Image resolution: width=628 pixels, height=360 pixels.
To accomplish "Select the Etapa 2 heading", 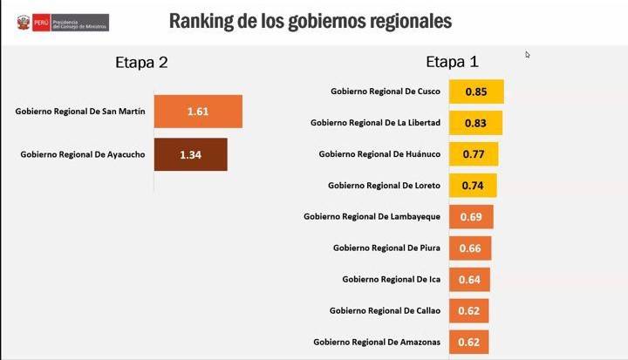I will [141, 62].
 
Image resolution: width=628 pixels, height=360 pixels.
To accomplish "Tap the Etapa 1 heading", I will [452, 62].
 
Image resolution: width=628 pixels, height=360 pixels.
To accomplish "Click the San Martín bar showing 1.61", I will [198, 112].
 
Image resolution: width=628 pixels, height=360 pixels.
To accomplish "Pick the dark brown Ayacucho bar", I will [191, 154].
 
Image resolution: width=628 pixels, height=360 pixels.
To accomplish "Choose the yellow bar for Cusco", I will [476, 92].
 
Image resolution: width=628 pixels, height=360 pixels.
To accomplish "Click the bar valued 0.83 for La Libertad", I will [475, 123].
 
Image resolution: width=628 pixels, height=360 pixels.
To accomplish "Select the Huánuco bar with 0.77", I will [474, 154].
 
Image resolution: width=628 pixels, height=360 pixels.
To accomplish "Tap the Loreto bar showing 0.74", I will [473, 186].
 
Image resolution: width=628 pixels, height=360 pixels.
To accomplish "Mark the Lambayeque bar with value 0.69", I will [471, 216].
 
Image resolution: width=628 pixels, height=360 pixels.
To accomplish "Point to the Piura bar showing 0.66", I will [470, 248].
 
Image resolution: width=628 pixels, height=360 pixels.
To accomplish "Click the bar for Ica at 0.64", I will [469, 280].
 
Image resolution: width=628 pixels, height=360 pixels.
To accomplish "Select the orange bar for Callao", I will [468, 311].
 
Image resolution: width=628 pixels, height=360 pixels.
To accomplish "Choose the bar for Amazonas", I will [468, 342].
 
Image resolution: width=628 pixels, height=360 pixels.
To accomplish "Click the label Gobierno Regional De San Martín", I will [79, 111].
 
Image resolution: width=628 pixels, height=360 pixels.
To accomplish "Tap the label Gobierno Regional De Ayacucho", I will [82, 154].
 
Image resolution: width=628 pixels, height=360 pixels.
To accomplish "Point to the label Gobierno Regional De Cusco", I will [385, 92].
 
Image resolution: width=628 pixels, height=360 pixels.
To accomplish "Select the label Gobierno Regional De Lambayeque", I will [372, 216].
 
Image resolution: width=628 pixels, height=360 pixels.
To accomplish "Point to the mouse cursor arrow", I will [528, 55].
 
